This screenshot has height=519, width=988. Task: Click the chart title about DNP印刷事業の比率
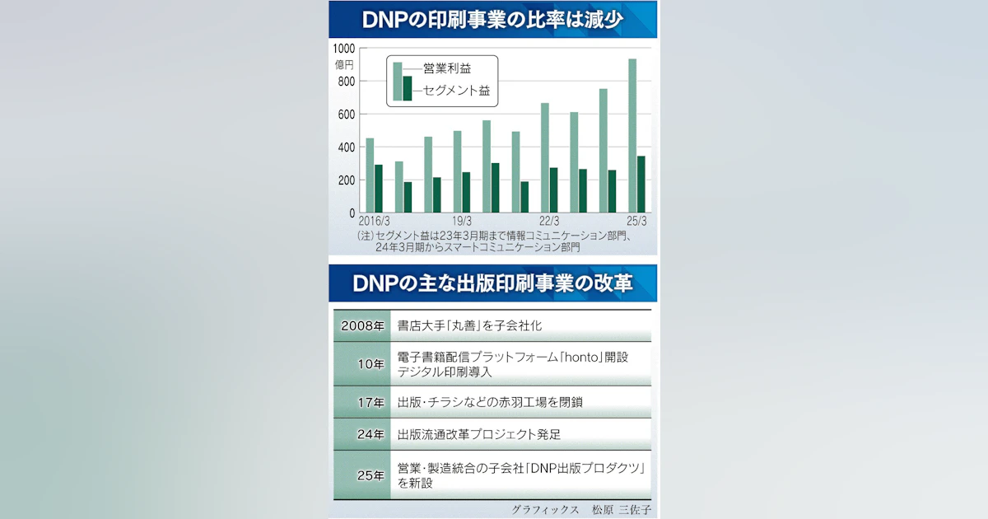click(x=493, y=20)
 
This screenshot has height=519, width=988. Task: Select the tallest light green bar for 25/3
click(x=632, y=136)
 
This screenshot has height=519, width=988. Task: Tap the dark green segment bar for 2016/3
click(x=379, y=189)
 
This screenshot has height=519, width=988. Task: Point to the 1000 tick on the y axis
click(x=345, y=49)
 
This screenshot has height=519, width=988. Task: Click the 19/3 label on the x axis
click(x=461, y=221)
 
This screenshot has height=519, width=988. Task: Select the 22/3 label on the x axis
click(x=549, y=221)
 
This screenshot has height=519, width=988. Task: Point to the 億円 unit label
click(x=344, y=63)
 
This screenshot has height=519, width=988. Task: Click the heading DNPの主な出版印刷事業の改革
click(x=493, y=283)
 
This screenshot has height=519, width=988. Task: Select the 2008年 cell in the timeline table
click(x=362, y=325)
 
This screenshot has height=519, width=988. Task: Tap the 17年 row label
click(x=370, y=403)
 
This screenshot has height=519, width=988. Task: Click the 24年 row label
click(x=370, y=434)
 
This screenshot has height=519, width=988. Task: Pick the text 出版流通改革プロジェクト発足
click(x=479, y=434)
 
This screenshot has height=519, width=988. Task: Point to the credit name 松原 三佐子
click(x=627, y=509)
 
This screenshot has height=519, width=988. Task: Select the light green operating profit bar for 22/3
click(x=545, y=158)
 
